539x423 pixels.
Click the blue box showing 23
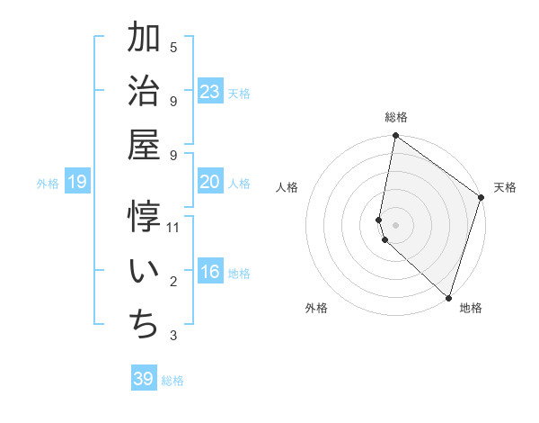coord(210,91)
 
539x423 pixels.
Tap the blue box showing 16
coord(210,273)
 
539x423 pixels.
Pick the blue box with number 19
coord(77,183)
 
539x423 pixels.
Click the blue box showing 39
coord(144,379)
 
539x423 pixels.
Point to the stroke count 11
coord(173,227)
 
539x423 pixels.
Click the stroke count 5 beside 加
coord(173,47)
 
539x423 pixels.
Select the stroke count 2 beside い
coord(173,282)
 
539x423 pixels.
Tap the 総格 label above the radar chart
coord(396,118)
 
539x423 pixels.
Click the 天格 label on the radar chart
coord(505,187)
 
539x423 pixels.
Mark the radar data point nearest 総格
coord(395,137)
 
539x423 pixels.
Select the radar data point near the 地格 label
coord(448,297)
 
